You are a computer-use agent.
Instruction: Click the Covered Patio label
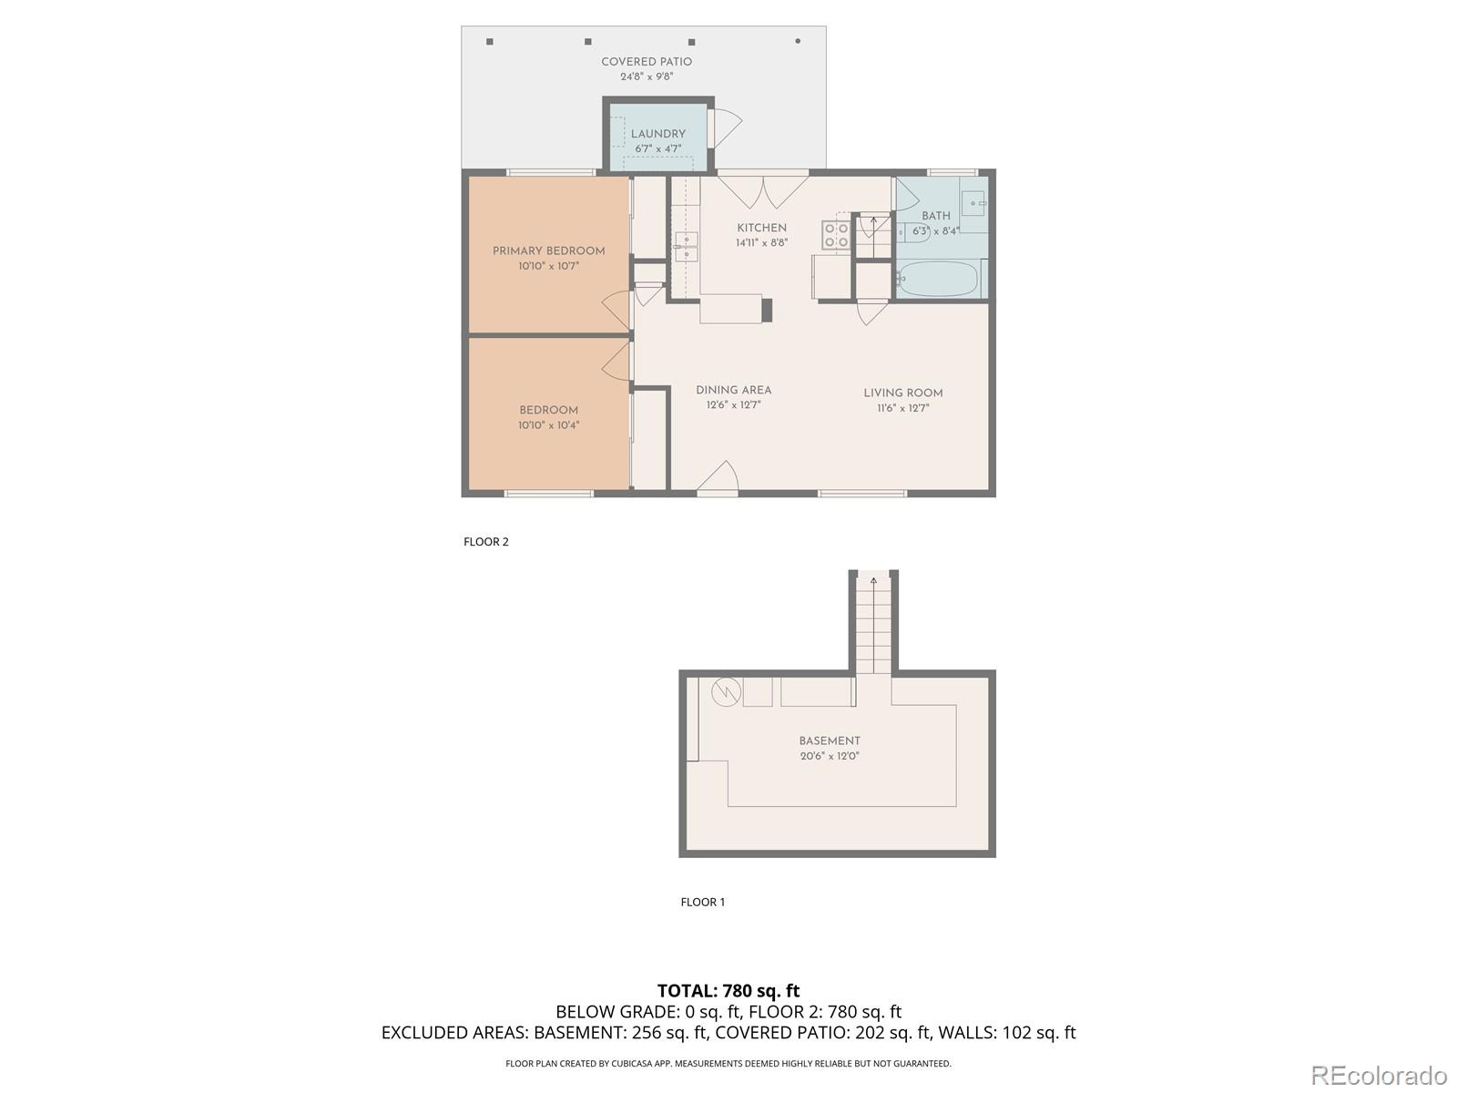click(x=647, y=62)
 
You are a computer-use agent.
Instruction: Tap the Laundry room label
click(x=657, y=134)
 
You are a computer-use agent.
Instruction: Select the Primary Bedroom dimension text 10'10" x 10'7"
click(x=548, y=266)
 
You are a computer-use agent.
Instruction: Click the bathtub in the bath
click(x=937, y=279)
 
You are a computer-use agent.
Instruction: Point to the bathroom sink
click(x=973, y=203)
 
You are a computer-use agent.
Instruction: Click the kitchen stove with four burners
click(x=836, y=235)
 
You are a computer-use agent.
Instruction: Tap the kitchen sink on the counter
click(x=686, y=247)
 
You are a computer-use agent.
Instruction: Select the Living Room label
click(x=902, y=393)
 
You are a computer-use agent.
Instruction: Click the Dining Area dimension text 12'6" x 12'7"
click(x=733, y=405)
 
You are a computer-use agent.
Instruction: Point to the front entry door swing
click(x=720, y=478)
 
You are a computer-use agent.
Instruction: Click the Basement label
click(x=829, y=741)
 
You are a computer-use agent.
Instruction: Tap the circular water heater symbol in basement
click(x=726, y=692)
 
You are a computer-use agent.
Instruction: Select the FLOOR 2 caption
click(x=485, y=542)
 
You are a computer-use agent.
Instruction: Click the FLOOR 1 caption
click(x=702, y=903)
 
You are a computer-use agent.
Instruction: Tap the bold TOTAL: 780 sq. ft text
click(x=728, y=990)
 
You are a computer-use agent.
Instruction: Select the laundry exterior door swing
click(x=727, y=128)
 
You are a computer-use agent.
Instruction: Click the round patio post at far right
click(x=798, y=41)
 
